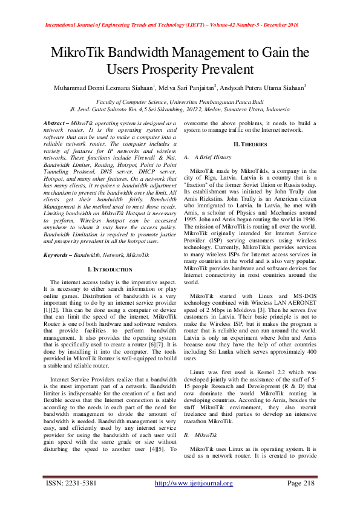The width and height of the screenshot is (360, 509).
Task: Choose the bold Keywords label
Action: click(57, 255)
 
